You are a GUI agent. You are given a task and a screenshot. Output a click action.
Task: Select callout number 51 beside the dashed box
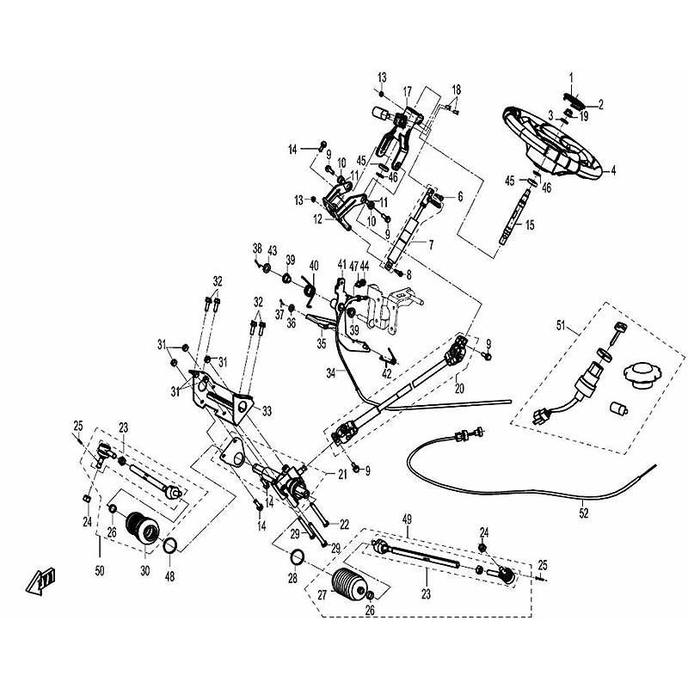562,327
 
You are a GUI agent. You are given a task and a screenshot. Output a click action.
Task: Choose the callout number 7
430,244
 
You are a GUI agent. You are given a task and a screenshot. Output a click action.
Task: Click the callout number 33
267,409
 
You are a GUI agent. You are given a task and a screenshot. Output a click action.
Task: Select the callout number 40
313,265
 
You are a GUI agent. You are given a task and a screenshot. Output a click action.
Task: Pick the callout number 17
407,90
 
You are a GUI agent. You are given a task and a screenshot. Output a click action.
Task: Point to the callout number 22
344,523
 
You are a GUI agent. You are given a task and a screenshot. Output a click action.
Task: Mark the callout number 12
318,219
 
